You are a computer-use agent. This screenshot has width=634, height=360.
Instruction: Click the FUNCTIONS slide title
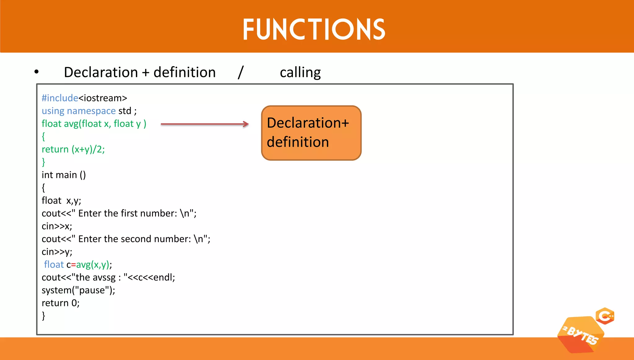(x=314, y=29)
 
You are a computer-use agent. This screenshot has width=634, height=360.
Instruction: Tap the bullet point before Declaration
(x=37, y=72)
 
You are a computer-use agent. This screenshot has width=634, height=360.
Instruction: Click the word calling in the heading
(x=300, y=72)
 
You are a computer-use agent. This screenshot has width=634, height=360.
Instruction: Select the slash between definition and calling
(x=241, y=72)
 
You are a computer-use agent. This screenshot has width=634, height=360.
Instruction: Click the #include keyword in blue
(x=60, y=98)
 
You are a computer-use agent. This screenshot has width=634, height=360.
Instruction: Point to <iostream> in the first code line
(x=103, y=98)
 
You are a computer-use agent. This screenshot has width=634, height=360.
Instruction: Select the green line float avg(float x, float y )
(x=94, y=124)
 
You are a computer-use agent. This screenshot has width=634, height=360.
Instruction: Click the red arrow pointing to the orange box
(x=205, y=124)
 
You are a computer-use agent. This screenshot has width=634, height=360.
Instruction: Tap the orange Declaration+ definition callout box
(x=311, y=133)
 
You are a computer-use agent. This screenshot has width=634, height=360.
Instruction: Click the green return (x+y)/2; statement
(x=73, y=149)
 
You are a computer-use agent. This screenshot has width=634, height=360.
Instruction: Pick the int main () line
(x=63, y=175)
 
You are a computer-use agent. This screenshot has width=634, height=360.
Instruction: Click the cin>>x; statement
(x=57, y=226)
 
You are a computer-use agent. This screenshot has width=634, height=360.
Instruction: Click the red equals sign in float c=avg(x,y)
(x=73, y=265)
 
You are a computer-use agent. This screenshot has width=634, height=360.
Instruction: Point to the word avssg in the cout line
(x=104, y=277)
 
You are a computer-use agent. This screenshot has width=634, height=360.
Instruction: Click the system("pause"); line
(x=78, y=290)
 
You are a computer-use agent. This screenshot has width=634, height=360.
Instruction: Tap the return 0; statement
(x=60, y=303)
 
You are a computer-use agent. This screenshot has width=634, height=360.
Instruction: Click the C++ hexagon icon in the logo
(x=605, y=316)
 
